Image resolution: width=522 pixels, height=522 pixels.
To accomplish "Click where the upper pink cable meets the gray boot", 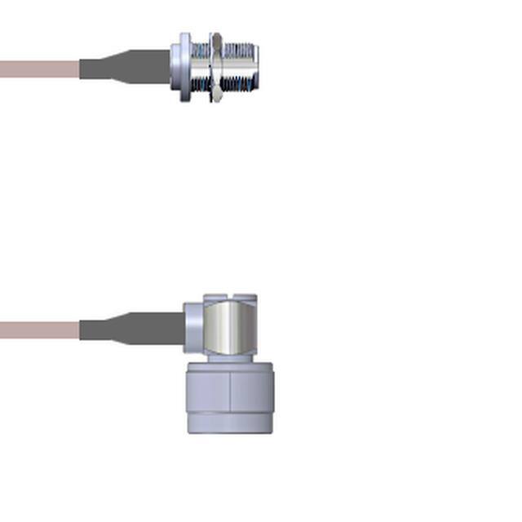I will [80, 69].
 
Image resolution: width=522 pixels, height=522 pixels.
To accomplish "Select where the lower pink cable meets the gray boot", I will [80, 330].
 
